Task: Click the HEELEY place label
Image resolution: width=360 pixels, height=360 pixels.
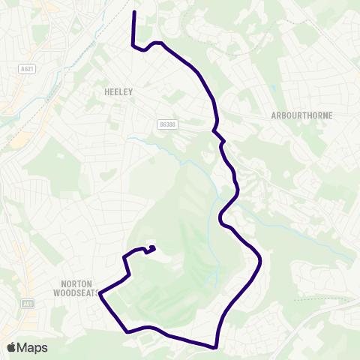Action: (x=119, y=91)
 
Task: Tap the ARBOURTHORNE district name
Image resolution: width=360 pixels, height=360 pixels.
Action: (x=301, y=115)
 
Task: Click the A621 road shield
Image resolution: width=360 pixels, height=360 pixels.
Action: (x=27, y=68)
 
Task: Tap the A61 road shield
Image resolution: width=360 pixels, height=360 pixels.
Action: (x=28, y=304)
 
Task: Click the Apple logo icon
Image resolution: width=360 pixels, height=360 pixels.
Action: (x=12, y=347)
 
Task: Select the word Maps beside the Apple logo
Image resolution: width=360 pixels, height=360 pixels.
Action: (x=32, y=347)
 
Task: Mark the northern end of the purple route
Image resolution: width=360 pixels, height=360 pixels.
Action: (x=133, y=13)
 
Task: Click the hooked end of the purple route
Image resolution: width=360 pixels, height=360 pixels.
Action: (x=153, y=247)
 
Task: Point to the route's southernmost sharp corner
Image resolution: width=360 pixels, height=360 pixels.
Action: (x=216, y=347)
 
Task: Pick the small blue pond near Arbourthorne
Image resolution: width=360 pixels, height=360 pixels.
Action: (x=274, y=88)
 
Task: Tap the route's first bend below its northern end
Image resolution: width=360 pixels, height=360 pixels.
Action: (x=133, y=45)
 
